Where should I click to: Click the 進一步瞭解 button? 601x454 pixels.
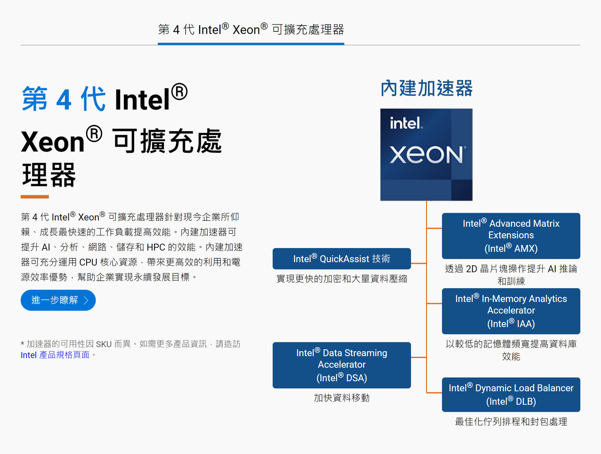click(x=58, y=300)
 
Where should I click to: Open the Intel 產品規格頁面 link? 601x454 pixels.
click(x=55, y=355)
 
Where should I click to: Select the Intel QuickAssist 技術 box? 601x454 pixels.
click(x=342, y=259)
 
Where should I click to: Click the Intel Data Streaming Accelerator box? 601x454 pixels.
click(x=342, y=365)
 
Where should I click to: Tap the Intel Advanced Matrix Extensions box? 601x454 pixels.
click(x=511, y=236)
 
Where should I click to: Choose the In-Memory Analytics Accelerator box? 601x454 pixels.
click(x=511, y=311)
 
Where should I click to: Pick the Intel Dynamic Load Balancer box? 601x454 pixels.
click(x=511, y=394)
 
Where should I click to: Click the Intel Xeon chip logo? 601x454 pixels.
click(x=426, y=155)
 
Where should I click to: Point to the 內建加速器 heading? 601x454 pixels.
click(x=426, y=88)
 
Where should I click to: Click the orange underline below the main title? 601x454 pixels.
click(x=35, y=197)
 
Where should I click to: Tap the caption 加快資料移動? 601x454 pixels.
click(x=342, y=398)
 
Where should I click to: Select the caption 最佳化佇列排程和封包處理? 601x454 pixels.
click(x=511, y=421)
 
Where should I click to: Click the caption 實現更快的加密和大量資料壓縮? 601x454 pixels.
click(x=342, y=278)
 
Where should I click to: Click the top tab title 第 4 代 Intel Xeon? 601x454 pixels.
click(x=251, y=30)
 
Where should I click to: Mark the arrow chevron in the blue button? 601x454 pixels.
click(x=86, y=300)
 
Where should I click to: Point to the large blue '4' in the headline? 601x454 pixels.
click(x=64, y=100)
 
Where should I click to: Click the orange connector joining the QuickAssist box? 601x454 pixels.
click(x=419, y=263)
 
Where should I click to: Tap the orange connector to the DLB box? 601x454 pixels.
click(x=434, y=393)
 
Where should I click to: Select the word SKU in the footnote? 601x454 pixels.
click(x=104, y=344)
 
